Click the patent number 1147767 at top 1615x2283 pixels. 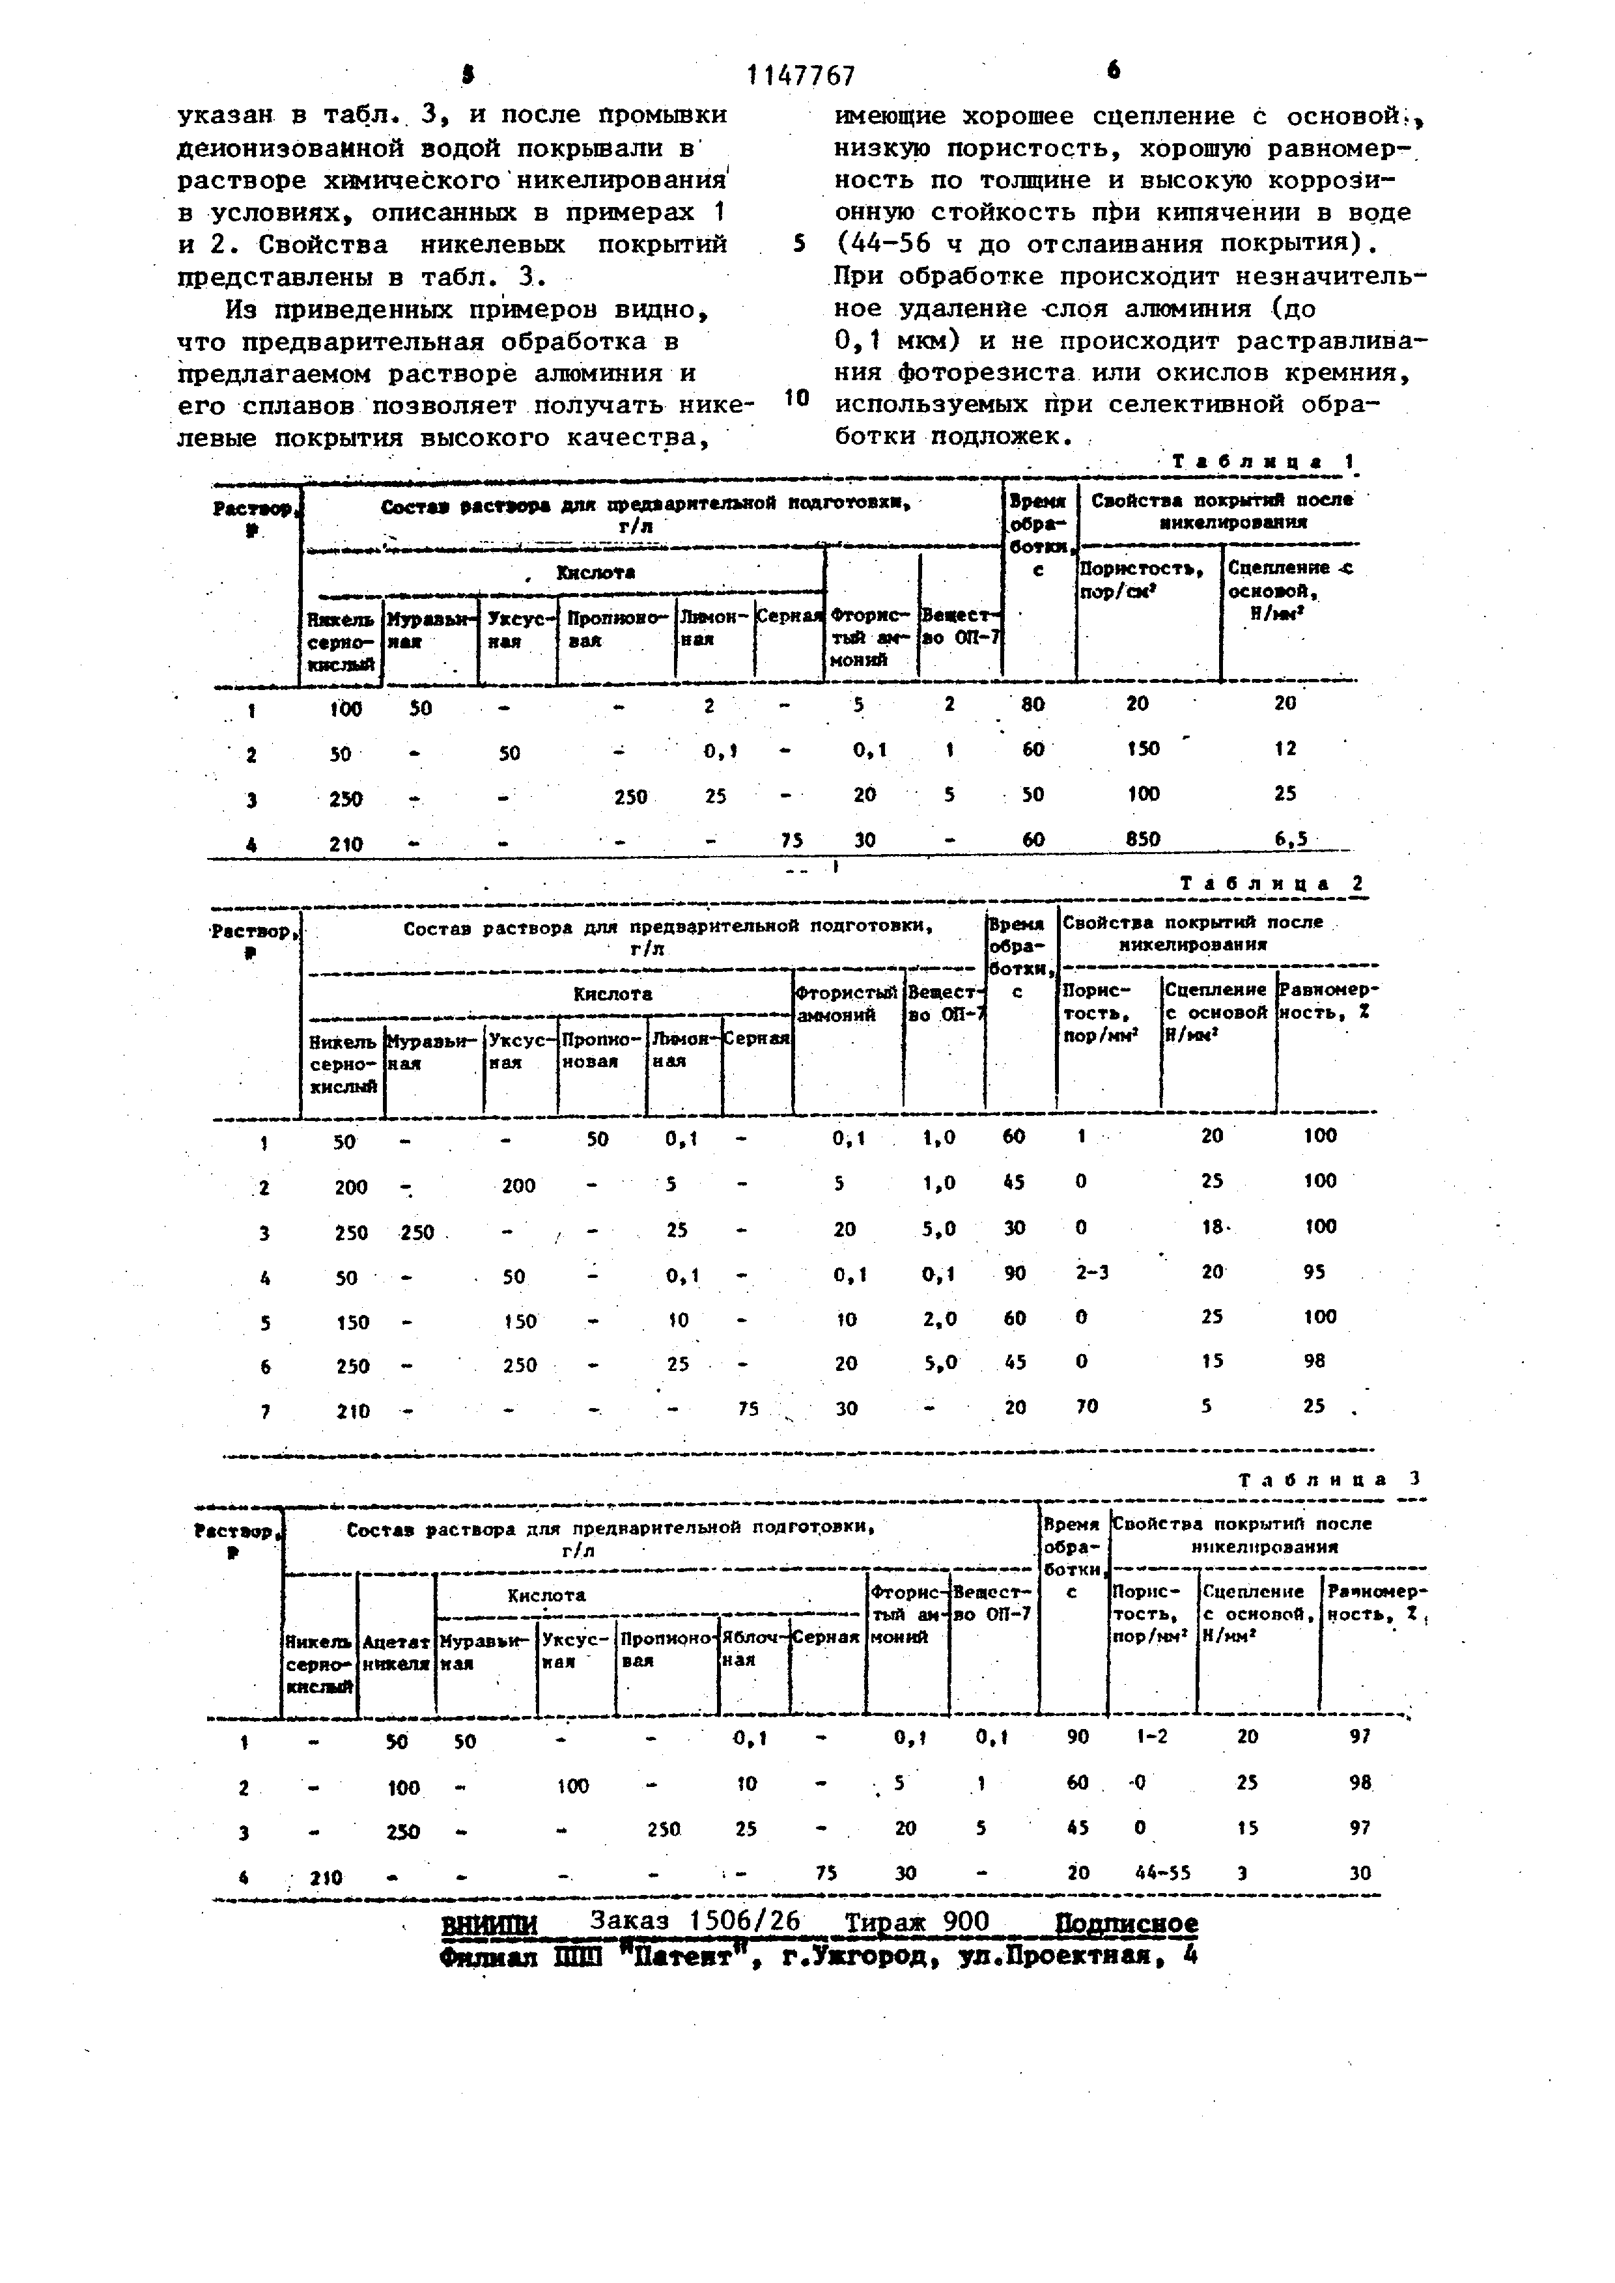(x=800, y=76)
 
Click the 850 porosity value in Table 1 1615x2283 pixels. (x=1143, y=839)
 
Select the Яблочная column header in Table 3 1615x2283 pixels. (x=755, y=1648)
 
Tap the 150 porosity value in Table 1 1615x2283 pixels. (x=1143, y=749)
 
